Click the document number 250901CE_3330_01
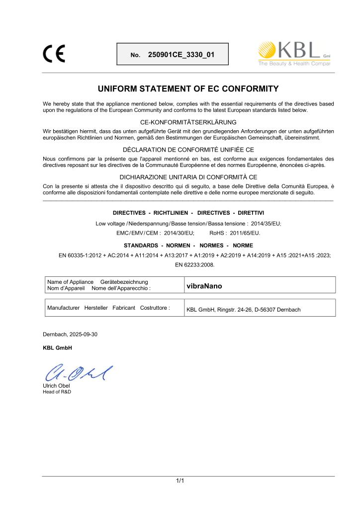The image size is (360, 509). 181,54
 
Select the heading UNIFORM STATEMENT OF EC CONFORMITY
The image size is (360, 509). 189,89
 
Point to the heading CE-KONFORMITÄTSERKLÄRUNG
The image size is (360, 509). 189,122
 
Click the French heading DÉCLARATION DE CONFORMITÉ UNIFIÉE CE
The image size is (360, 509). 189,150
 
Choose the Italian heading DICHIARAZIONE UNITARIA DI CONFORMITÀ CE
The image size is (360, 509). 189,177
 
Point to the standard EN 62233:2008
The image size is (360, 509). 195,265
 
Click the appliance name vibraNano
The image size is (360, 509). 204,286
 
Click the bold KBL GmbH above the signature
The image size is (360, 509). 58,347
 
